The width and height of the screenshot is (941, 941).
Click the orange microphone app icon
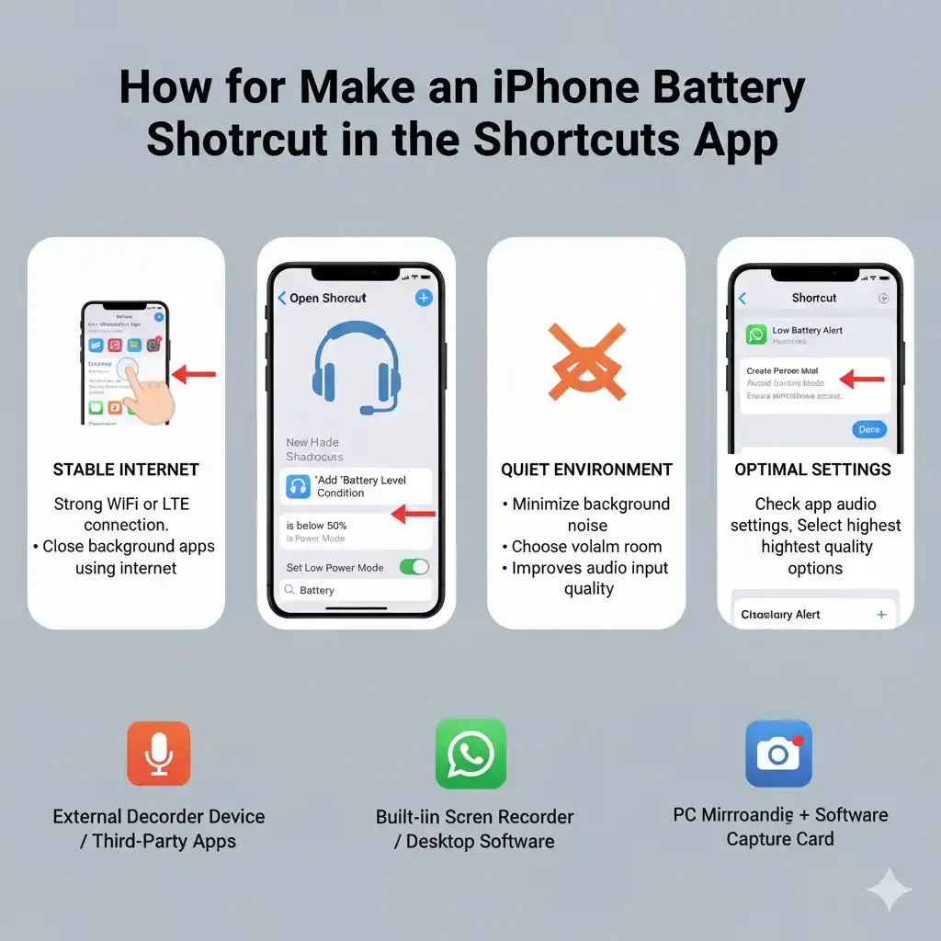coord(158,754)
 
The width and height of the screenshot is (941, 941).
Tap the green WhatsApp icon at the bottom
coord(470,754)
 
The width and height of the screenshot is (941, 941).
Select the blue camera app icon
coord(778,754)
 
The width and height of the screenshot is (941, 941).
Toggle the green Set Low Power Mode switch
coord(414,567)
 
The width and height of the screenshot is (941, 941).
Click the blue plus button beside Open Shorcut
coord(423,297)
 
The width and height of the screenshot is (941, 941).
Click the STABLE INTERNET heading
coord(125,470)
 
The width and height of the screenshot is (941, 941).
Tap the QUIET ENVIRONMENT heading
coord(586,470)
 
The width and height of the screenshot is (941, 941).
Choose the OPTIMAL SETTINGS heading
coord(812,470)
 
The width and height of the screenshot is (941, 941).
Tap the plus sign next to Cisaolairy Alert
coord(881,615)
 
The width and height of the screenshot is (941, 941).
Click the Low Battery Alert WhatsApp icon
coord(756,334)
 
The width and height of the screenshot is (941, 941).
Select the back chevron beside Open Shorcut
coord(282,298)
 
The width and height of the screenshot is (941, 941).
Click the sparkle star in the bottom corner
coord(889,890)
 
